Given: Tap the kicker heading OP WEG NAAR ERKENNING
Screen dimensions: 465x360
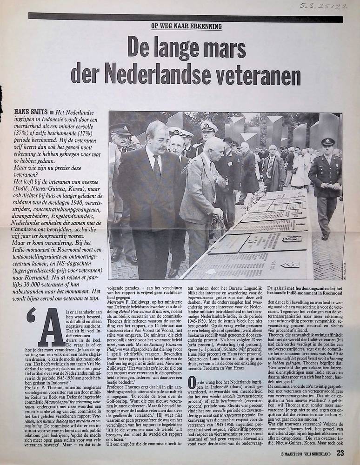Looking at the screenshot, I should tap(187, 26).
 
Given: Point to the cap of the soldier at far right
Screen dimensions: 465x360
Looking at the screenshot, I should tap(328, 141).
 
